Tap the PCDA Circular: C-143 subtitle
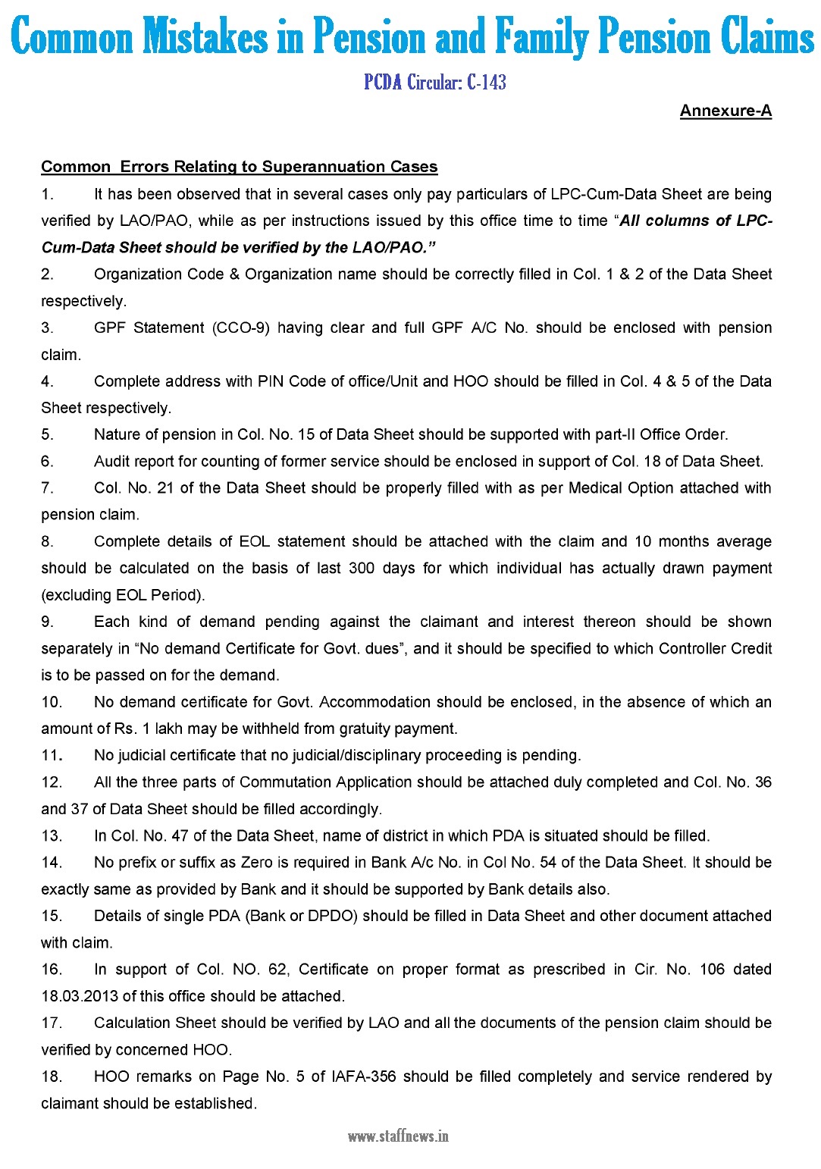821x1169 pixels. (434, 82)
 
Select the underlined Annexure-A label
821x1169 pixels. (725, 111)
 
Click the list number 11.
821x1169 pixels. (51, 755)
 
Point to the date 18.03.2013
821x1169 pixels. (80, 996)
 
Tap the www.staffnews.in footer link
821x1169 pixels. (398, 1136)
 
